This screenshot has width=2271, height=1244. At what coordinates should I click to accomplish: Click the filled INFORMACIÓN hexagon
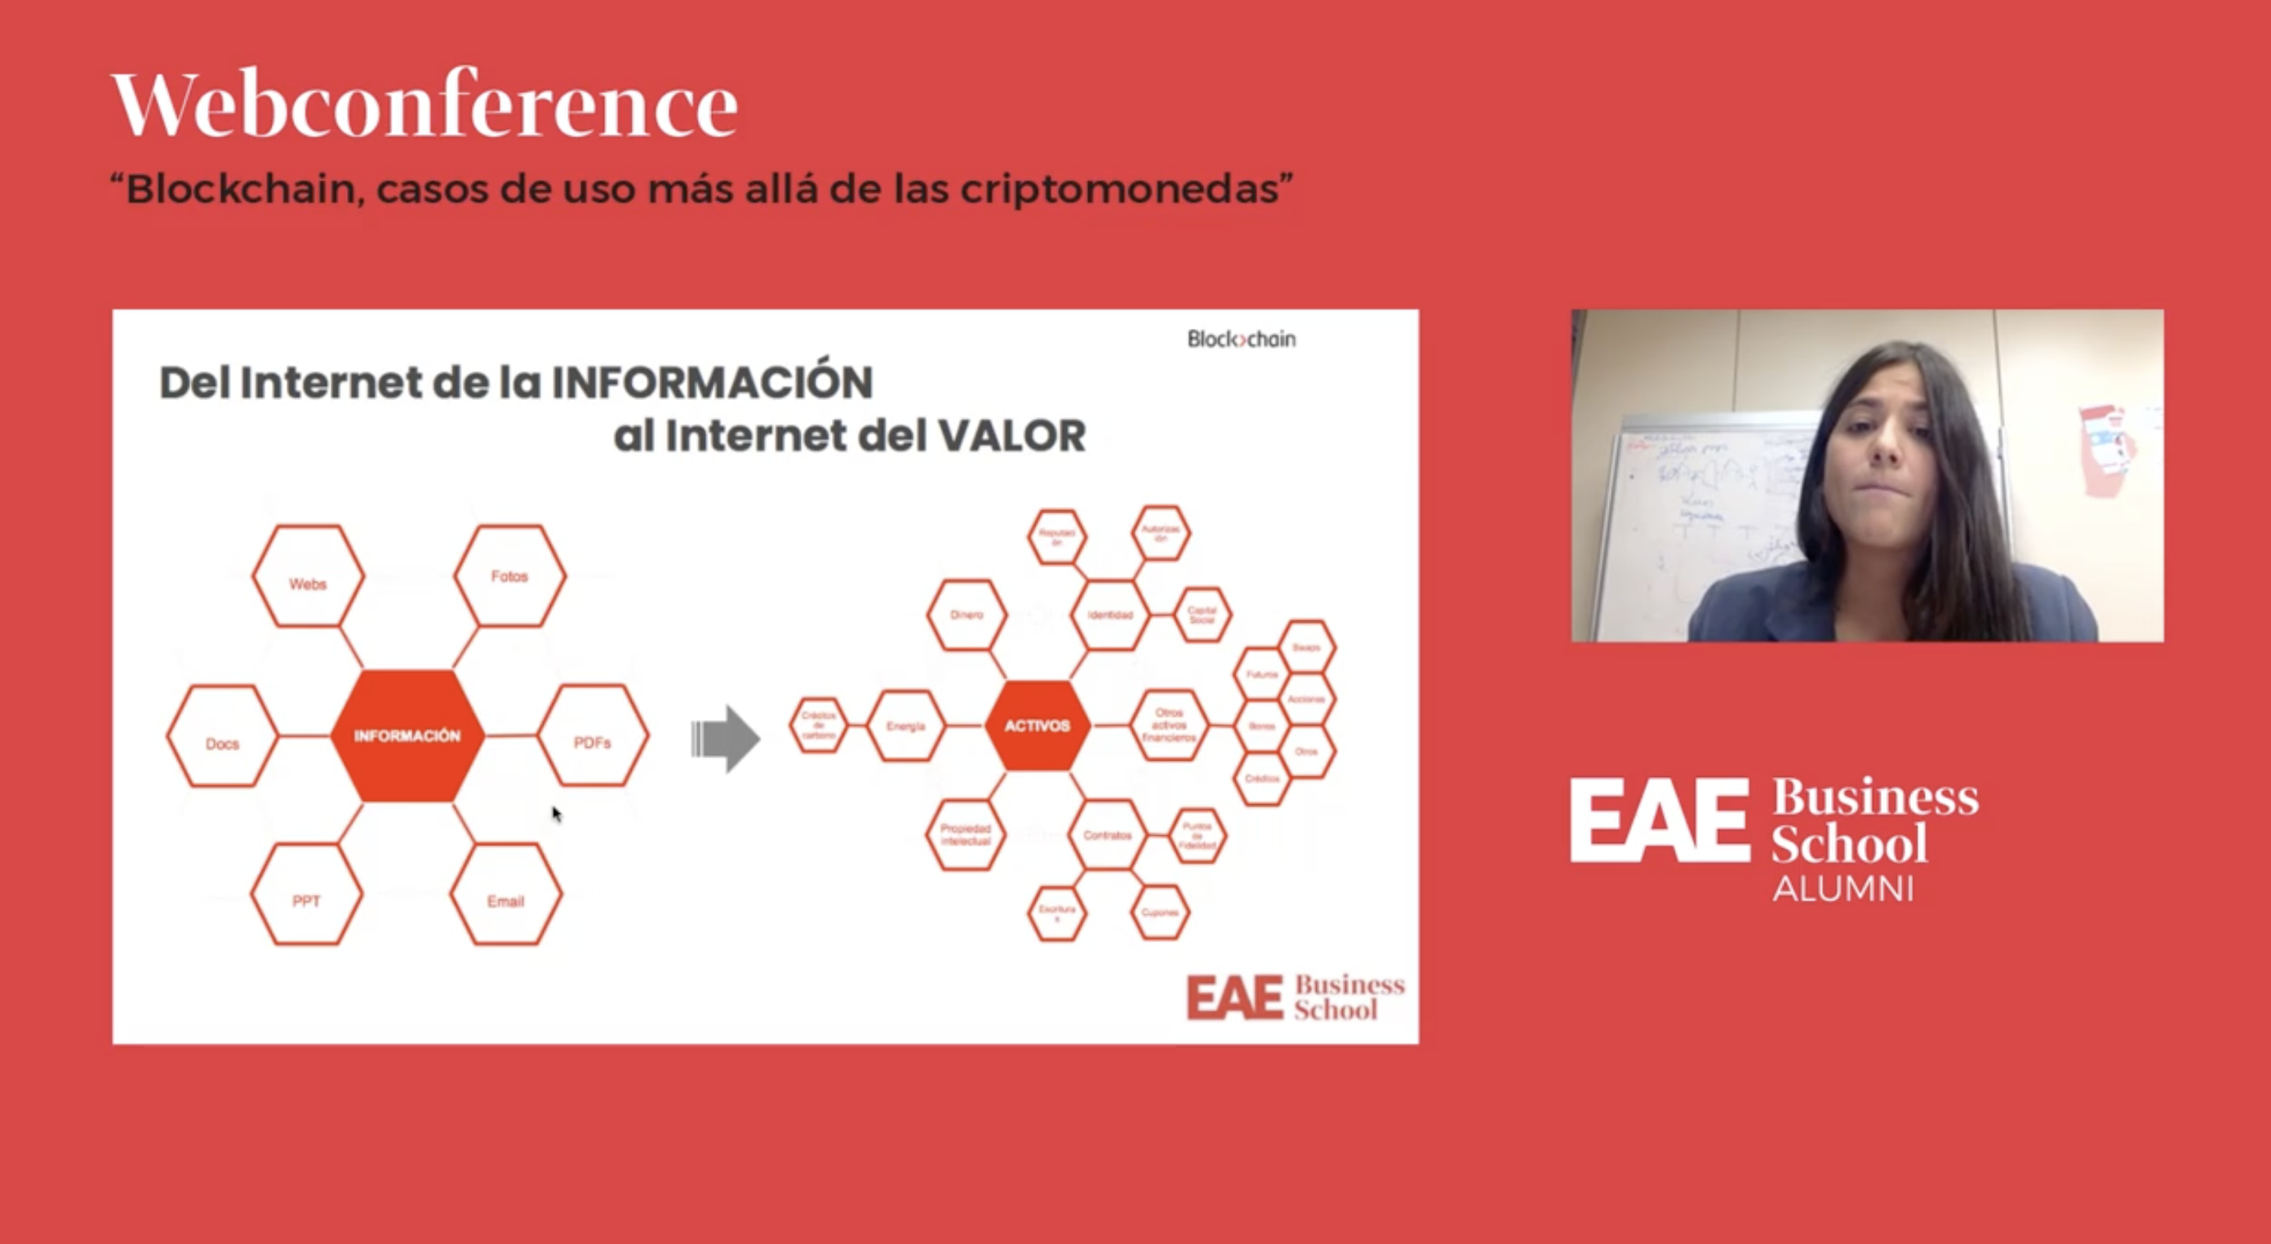coord(407,735)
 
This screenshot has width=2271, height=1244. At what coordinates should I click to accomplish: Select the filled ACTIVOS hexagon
coord(1037,726)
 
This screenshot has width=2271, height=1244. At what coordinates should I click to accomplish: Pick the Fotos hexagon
coord(509,575)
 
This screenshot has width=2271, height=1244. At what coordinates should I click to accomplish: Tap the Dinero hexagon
coord(967,615)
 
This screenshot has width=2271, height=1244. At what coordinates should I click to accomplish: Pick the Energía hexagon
coord(906,726)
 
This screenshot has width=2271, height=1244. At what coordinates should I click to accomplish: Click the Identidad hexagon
coord(1110,615)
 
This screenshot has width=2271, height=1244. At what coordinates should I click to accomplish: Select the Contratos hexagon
coord(1107,835)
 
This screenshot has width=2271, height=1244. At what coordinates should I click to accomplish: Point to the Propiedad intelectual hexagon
coord(966,835)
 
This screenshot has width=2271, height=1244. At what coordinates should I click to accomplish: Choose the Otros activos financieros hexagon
coord(1169,726)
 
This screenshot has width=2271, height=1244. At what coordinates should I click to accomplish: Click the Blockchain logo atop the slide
coord(1242,340)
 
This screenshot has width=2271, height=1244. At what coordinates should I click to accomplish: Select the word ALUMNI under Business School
coord(1843,889)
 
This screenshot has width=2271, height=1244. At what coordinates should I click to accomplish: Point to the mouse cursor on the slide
coord(556,813)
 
